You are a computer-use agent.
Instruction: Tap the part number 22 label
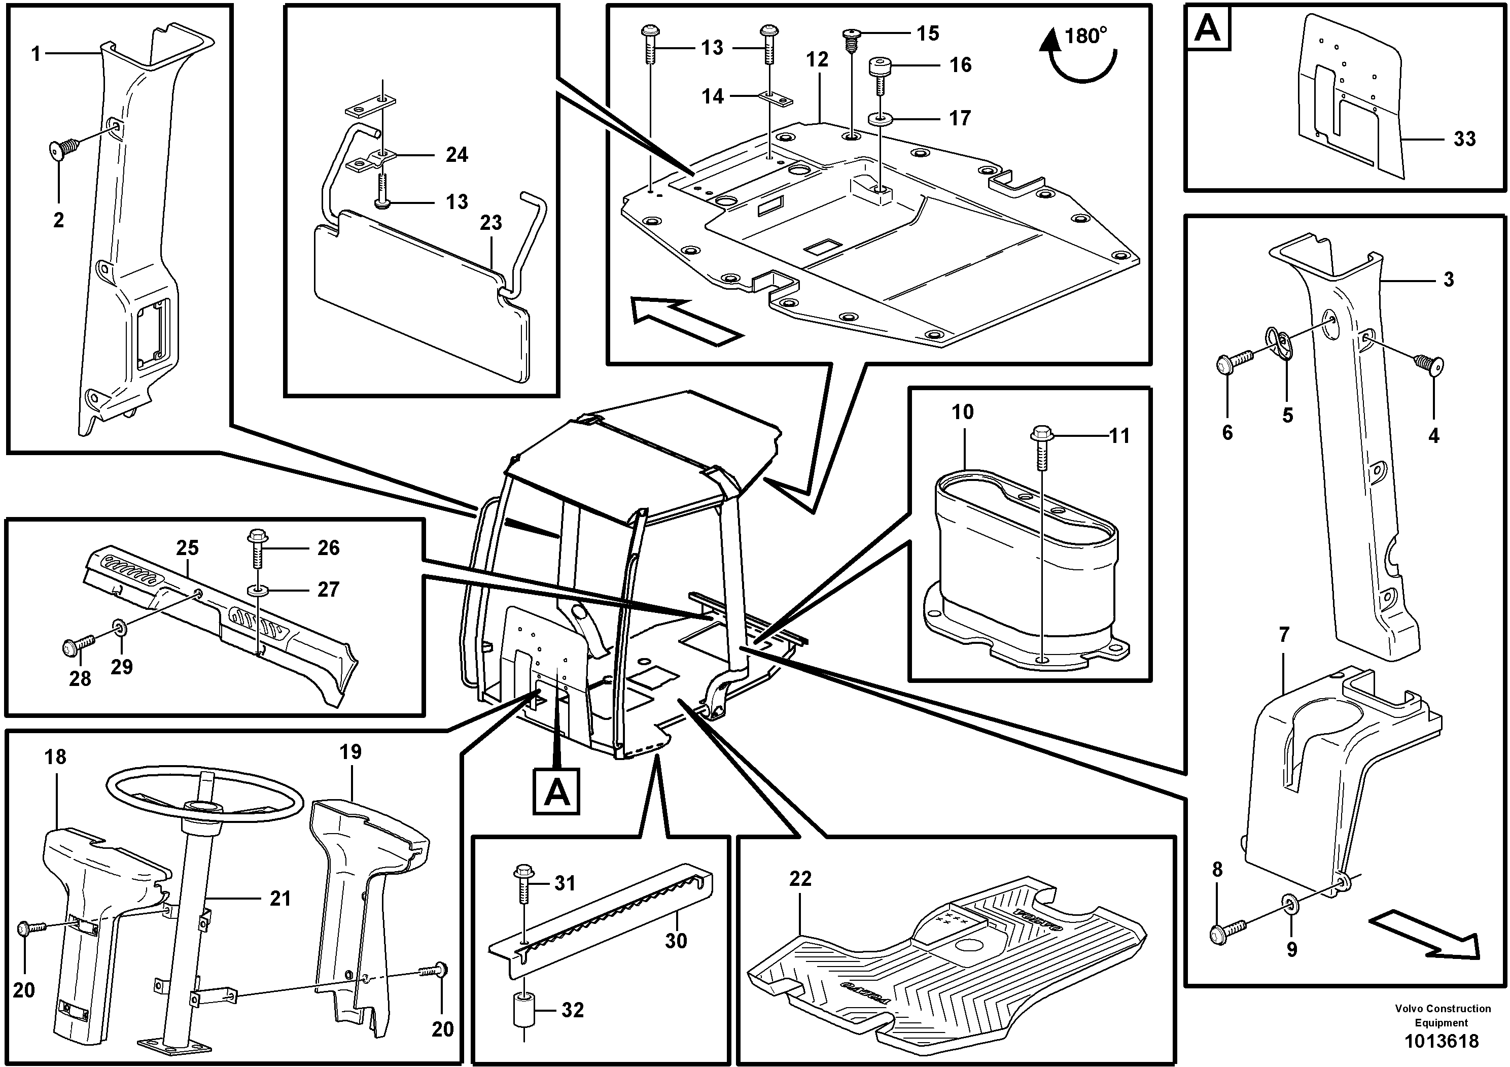(x=800, y=879)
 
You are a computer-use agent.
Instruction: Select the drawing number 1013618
(x=1441, y=1041)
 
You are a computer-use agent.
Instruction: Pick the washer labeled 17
(x=880, y=119)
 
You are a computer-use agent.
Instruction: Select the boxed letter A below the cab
(x=556, y=791)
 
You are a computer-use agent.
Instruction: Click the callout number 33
(x=1464, y=139)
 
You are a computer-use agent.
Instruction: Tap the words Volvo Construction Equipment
(x=1442, y=1015)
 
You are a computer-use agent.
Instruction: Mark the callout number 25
(x=188, y=548)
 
